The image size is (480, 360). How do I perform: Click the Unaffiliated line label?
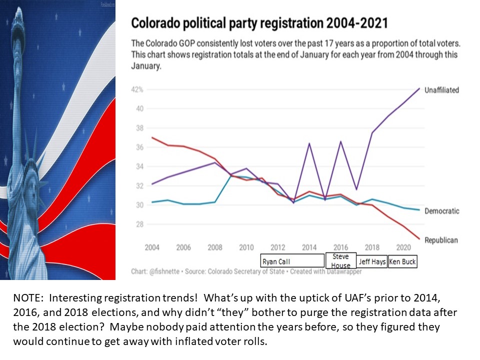(x=441, y=90)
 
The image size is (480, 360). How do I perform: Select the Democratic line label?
(x=441, y=211)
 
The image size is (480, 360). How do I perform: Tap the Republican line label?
(x=441, y=240)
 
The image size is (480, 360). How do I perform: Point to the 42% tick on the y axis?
(x=137, y=90)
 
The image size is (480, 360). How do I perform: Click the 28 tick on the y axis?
(x=140, y=224)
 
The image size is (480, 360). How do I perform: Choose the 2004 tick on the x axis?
(x=152, y=248)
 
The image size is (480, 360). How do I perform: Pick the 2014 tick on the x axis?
(x=309, y=248)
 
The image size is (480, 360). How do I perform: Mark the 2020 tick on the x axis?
(x=402, y=248)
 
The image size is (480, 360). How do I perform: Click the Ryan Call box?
(x=292, y=261)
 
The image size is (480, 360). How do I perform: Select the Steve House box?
(x=341, y=260)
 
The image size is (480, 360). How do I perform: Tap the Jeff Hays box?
(x=372, y=261)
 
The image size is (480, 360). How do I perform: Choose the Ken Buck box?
(x=402, y=261)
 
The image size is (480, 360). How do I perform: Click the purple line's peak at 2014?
(x=309, y=143)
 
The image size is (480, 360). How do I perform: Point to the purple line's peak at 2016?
(x=340, y=141)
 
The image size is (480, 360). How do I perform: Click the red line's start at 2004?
(x=152, y=137)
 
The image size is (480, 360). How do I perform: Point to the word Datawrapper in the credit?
(x=343, y=272)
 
